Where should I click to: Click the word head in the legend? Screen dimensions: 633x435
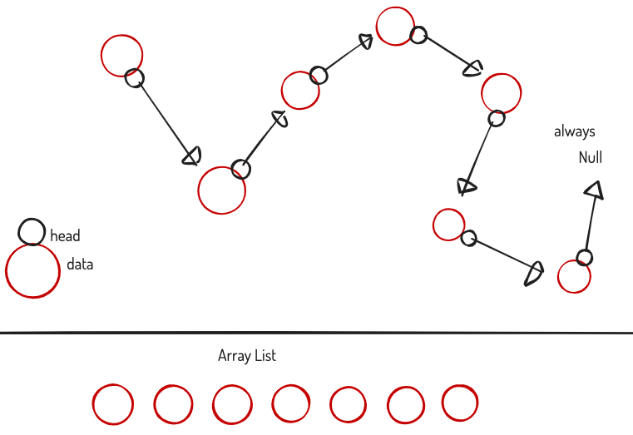(x=65, y=236)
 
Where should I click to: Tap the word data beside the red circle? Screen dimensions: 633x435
(x=80, y=265)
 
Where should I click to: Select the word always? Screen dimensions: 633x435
(x=575, y=131)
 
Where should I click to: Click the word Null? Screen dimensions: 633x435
(x=591, y=157)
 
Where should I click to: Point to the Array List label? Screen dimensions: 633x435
(x=247, y=356)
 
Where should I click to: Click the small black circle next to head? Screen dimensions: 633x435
(x=32, y=232)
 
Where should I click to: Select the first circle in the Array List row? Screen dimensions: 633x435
(x=112, y=404)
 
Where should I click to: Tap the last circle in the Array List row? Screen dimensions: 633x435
(x=460, y=403)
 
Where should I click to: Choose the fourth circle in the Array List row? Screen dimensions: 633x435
(x=290, y=403)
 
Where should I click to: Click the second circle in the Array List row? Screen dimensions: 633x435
(x=173, y=405)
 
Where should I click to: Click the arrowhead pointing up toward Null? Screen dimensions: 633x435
(x=593, y=190)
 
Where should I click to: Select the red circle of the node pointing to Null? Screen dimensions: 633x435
(x=574, y=277)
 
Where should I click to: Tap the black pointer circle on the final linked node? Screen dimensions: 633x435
(x=584, y=257)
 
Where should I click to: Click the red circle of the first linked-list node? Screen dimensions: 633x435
(x=121, y=55)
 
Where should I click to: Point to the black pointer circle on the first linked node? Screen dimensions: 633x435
(x=134, y=78)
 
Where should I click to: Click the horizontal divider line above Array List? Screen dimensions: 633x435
(x=316, y=334)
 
